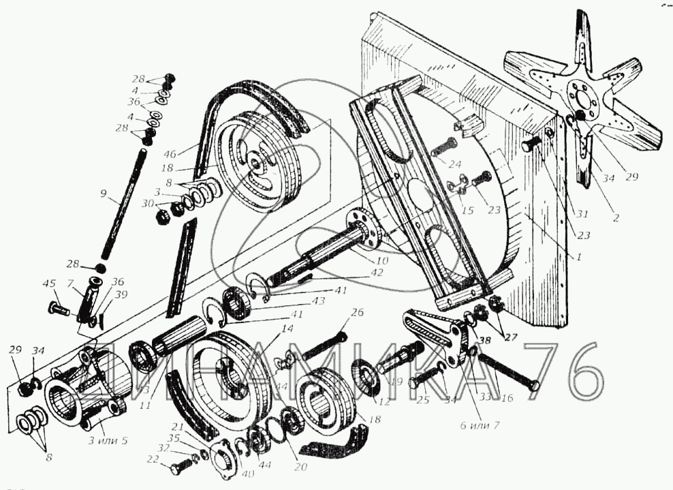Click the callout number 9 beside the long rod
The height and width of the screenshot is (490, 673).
pos(103,194)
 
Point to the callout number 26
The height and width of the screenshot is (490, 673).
pos(358,313)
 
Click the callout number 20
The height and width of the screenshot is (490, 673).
pos(300,467)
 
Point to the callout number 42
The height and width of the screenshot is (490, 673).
pos(377,273)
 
